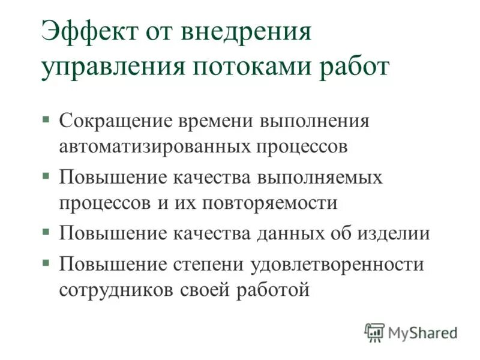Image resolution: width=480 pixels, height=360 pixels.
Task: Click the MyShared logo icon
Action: click(374, 332)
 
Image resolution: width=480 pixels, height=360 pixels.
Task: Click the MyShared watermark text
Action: click(423, 332)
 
